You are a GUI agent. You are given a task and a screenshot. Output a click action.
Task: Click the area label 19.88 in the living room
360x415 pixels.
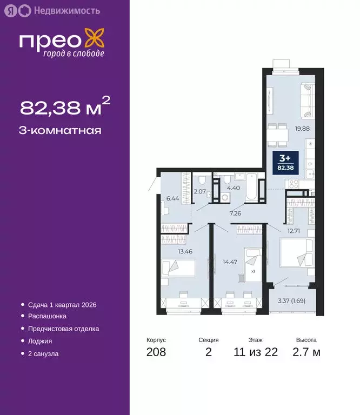(x=302, y=129)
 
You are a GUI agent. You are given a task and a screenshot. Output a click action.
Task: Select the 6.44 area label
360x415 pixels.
(x=172, y=198)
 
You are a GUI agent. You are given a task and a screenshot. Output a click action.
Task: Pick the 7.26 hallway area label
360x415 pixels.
(x=235, y=213)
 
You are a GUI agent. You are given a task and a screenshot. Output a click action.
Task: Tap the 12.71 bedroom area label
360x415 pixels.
(x=294, y=231)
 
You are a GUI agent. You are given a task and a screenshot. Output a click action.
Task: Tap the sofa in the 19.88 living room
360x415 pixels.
(x=306, y=101)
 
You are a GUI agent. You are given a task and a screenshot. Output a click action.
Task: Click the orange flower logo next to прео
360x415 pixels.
(x=97, y=41)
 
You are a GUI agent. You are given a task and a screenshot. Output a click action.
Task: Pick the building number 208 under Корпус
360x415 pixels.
(x=156, y=353)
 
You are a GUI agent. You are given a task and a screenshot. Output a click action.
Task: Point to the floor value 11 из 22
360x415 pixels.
(x=256, y=353)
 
